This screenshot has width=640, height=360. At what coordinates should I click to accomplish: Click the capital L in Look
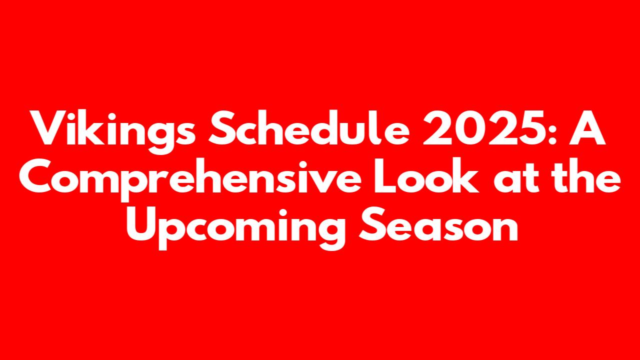point(386,175)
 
